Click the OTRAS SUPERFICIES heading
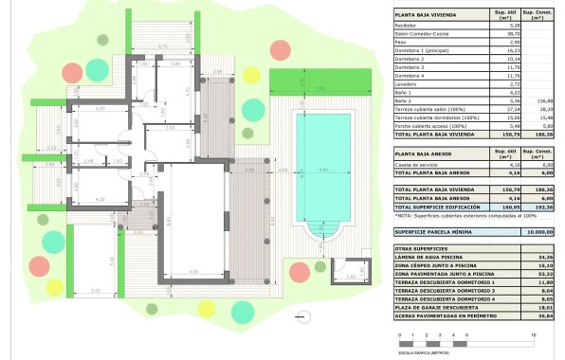[422, 247]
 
